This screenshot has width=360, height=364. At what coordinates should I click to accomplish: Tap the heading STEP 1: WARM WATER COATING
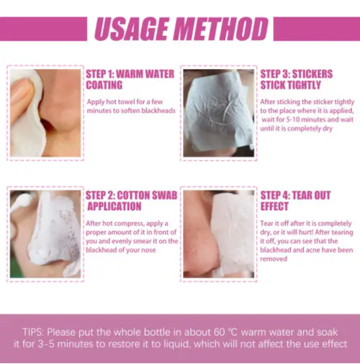(x=130, y=79)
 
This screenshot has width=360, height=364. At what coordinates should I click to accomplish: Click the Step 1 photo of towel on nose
(x=45, y=112)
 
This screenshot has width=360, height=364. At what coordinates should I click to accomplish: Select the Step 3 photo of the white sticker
(x=218, y=112)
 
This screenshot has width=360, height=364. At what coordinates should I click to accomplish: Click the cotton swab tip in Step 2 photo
(x=18, y=203)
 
